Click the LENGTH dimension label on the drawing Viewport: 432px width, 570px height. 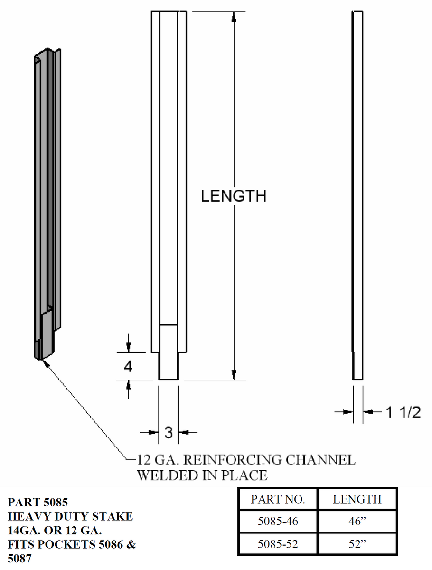[x=234, y=196]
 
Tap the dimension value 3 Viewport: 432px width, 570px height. [x=169, y=432]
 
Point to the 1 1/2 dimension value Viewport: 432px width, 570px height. [x=403, y=412]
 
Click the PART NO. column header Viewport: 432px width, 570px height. [x=277, y=499]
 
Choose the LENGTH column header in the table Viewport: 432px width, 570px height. [x=357, y=499]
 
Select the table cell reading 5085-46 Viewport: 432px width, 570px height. [x=277, y=522]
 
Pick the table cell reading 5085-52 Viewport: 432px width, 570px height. [x=277, y=544]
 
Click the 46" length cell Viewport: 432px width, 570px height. [x=357, y=522]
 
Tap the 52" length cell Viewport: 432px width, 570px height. [x=357, y=544]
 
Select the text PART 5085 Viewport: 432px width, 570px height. [x=38, y=502]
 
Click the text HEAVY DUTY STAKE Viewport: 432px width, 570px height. [x=70, y=516]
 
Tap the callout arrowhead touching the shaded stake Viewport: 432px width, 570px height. [x=46, y=362]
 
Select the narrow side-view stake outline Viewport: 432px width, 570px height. [x=357, y=195]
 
